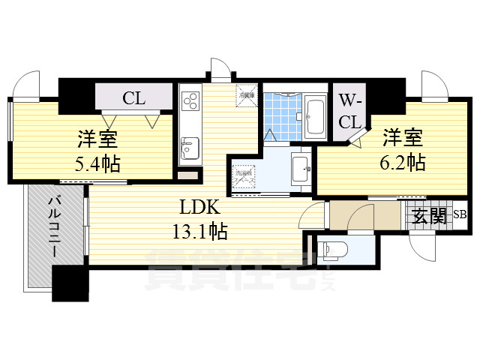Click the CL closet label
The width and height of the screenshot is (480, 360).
click(134, 97)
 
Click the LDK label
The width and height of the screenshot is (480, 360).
click(198, 208)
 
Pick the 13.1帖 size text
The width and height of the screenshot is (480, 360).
click(198, 232)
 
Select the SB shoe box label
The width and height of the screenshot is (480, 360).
click(459, 216)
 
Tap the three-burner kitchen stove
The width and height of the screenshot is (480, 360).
click(189, 102)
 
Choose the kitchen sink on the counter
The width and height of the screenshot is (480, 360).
click(189, 146)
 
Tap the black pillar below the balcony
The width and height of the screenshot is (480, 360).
click(70, 284)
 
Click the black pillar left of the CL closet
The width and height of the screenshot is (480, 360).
click(76, 94)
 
